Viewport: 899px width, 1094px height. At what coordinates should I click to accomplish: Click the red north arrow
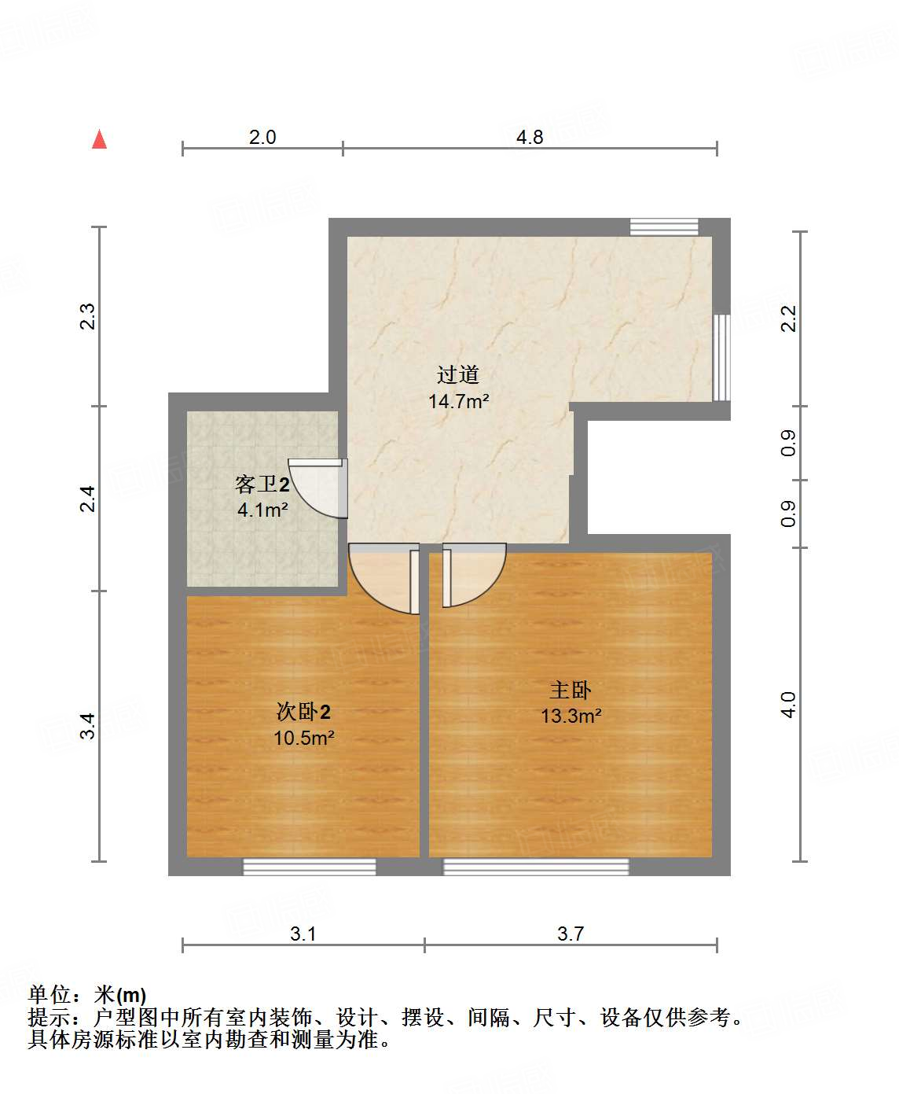tap(99, 139)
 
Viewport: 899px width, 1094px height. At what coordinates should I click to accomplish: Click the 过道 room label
tap(458, 374)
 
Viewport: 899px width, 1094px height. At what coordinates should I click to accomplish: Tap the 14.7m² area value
tap(458, 401)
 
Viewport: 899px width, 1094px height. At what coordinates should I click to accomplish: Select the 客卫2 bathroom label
tap(262, 484)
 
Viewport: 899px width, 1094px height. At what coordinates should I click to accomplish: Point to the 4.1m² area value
tap(262, 510)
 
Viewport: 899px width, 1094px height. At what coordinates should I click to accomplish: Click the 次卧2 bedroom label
tap(303, 712)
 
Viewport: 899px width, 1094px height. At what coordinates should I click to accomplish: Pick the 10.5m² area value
tap(303, 738)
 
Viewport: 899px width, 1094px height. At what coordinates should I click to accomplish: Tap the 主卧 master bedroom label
tap(571, 690)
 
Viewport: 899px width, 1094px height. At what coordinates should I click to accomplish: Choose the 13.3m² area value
tap(571, 716)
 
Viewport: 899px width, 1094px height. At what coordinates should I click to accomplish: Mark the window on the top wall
tap(664, 227)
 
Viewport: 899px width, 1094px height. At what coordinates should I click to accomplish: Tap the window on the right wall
tap(721, 357)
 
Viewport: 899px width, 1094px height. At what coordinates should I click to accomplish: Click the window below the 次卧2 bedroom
tap(309, 867)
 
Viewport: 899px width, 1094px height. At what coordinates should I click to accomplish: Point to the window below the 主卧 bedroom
tap(536, 867)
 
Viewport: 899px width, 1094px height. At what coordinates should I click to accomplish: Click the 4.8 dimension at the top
tap(530, 138)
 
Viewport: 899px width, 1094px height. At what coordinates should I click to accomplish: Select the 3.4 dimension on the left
tap(89, 725)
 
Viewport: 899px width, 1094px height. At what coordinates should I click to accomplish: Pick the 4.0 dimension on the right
tap(788, 705)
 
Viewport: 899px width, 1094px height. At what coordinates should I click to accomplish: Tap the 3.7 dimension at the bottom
tap(571, 934)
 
